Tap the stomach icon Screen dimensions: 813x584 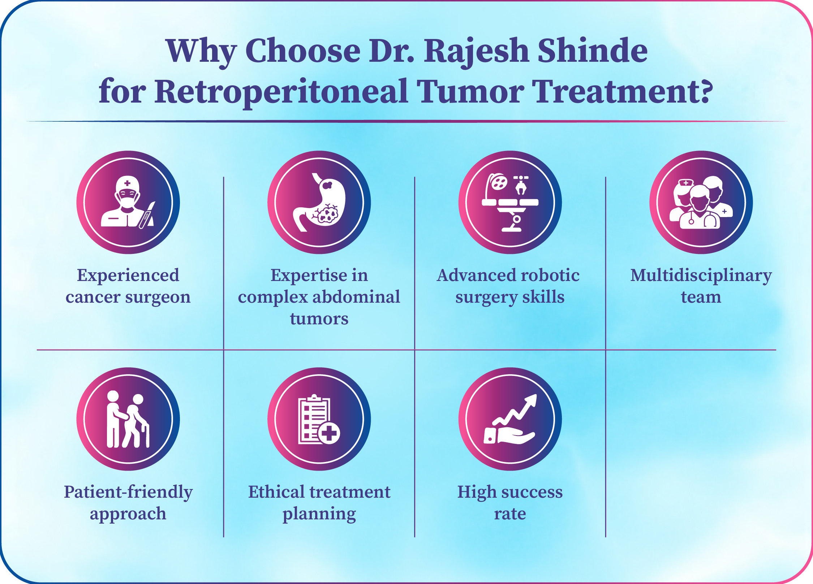click(x=319, y=202)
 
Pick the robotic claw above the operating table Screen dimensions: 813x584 click(x=521, y=185)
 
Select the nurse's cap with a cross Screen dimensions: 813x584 click(x=686, y=183)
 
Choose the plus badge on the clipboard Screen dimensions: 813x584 click(x=329, y=433)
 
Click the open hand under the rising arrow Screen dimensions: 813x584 click(x=509, y=436)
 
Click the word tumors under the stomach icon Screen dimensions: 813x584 click(x=319, y=319)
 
